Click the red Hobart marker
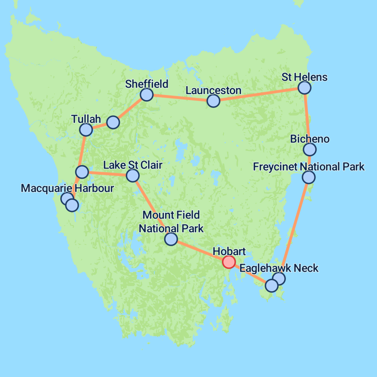(x=229, y=262)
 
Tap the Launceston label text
(x=213, y=90)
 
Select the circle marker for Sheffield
(x=147, y=95)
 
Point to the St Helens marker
(x=304, y=88)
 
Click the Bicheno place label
(x=310, y=139)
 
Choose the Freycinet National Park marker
(x=309, y=177)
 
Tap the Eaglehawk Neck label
(x=279, y=268)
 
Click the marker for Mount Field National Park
(x=171, y=239)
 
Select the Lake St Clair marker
(x=133, y=176)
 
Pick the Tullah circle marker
(x=86, y=129)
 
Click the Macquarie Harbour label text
(x=67, y=188)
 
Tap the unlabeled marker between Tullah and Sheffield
(x=113, y=122)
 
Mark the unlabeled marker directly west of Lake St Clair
(x=82, y=172)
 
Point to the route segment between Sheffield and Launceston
(x=180, y=98)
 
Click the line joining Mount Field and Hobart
(x=201, y=251)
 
